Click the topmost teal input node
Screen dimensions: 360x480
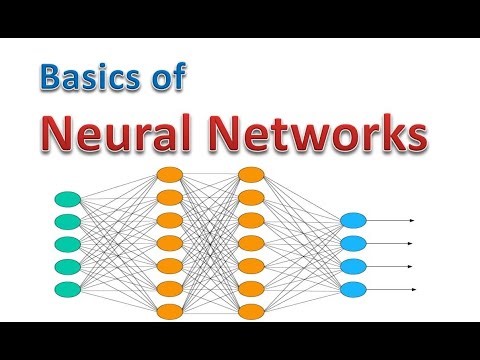tap(68, 199)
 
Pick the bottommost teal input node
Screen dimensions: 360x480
tap(68, 289)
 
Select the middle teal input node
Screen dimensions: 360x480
tap(68, 244)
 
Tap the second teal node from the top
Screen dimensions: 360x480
tap(68, 221)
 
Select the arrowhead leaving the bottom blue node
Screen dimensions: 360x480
tap(411, 290)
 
